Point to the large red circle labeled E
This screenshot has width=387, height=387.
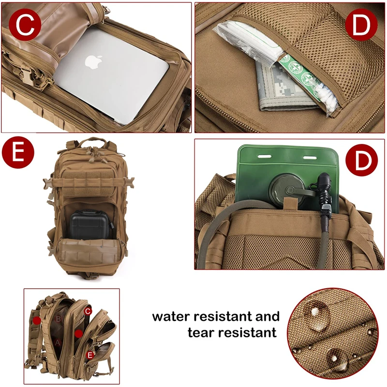click(x=18, y=153)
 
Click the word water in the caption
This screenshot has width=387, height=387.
click(x=175, y=317)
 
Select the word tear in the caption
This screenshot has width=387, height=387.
click(x=201, y=333)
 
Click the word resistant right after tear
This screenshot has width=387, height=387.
click(x=248, y=333)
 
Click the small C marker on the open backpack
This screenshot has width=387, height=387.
click(x=88, y=311)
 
